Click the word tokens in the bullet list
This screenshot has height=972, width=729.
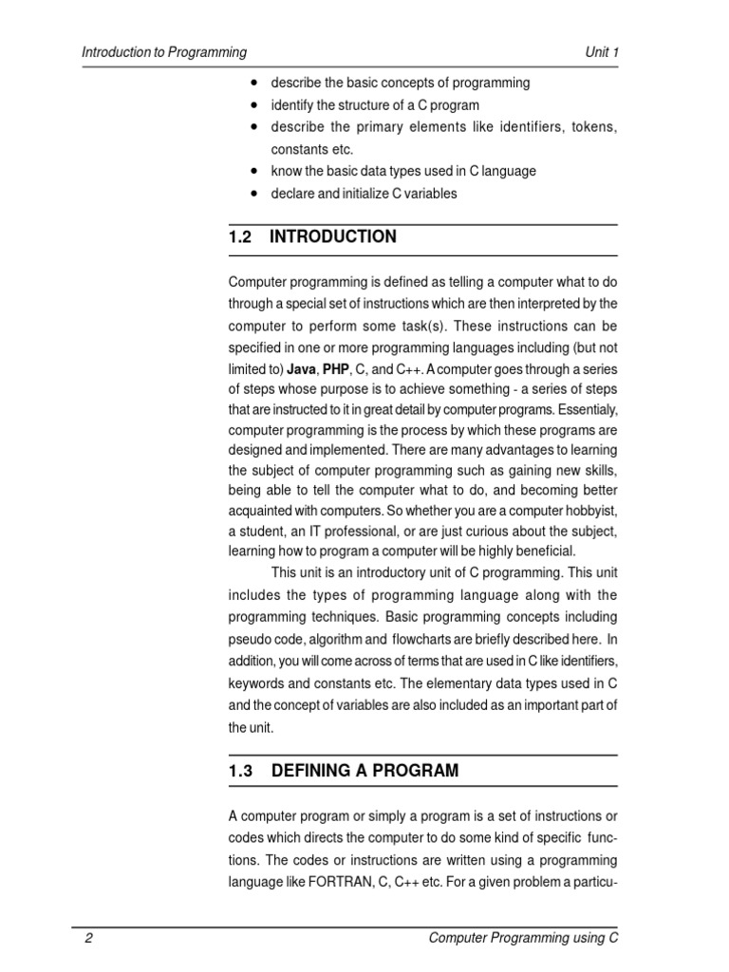pyautogui.click(x=594, y=127)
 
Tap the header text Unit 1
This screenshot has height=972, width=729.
pyautogui.click(x=602, y=52)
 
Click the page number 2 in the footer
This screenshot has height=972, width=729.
pyautogui.click(x=88, y=939)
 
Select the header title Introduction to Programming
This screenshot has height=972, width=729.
pyautogui.click(x=164, y=52)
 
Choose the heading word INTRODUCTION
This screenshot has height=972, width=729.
pyautogui.click(x=333, y=237)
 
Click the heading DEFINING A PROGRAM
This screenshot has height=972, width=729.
pyautogui.click(x=364, y=771)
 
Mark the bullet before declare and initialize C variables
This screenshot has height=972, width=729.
pyautogui.click(x=256, y=194)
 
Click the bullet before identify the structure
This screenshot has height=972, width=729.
pyautogui.click(x=256, y=105)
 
